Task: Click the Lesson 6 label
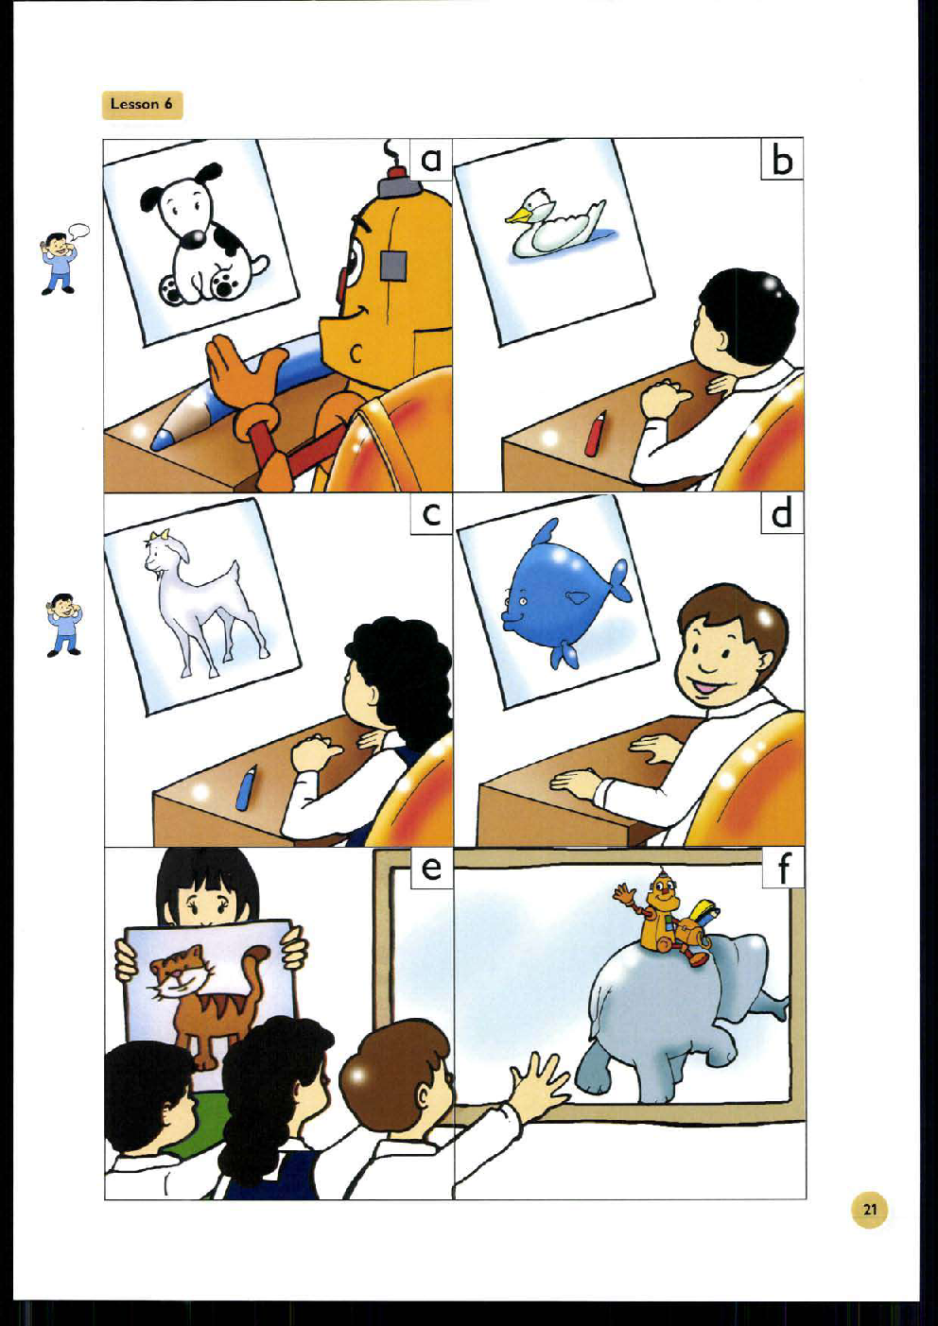tap(142, 104)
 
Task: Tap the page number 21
tap(870, 1209)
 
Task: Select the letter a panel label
tap(431, 160)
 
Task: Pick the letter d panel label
tap(782, 513)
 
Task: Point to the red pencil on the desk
tap(595, 434)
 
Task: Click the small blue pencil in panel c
tap(246, 787)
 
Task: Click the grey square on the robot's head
tap(393, 266)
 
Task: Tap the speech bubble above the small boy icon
tap(79, 230)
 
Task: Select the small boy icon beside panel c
tap(64, 625)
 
